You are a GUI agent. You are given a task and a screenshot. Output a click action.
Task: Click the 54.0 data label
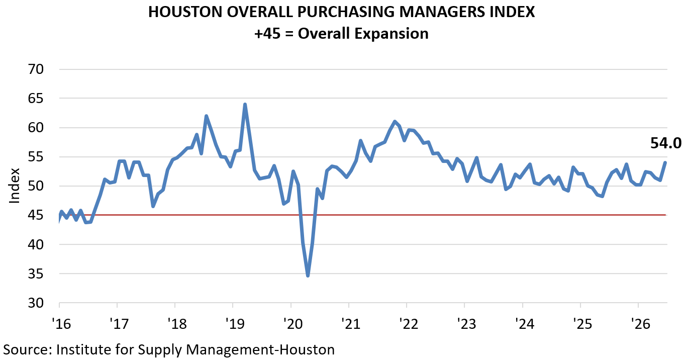click(665, 143)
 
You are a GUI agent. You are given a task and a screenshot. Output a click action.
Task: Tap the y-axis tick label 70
click(36, 69)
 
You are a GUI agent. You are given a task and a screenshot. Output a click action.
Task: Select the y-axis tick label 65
click(36, 99)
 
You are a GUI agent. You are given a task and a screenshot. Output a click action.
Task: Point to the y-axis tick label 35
click(36, 274)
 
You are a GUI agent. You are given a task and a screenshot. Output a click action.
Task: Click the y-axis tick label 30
click(36, 303)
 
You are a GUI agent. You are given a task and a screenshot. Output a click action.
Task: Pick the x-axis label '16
click(61, 324)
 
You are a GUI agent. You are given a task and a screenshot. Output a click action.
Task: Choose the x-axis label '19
click(235, 324)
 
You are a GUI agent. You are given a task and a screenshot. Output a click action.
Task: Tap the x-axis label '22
click(409, 324)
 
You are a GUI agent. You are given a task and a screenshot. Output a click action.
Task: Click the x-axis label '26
click(641, 324)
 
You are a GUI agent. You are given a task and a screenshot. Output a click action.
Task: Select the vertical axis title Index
click(15, 186)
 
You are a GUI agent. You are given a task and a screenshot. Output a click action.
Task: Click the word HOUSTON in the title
click(185, 12)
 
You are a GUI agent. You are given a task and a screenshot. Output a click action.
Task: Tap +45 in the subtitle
click(267, 33)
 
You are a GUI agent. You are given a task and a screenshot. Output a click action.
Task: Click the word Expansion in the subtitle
click(391, 34)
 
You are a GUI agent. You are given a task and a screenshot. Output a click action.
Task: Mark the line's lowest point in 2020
click(308, 276)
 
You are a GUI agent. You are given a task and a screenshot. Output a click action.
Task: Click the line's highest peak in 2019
click(245, 104)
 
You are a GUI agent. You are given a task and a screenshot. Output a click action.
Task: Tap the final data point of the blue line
click(665, 162)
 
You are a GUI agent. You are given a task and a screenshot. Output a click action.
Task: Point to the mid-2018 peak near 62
click(206, 116)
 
